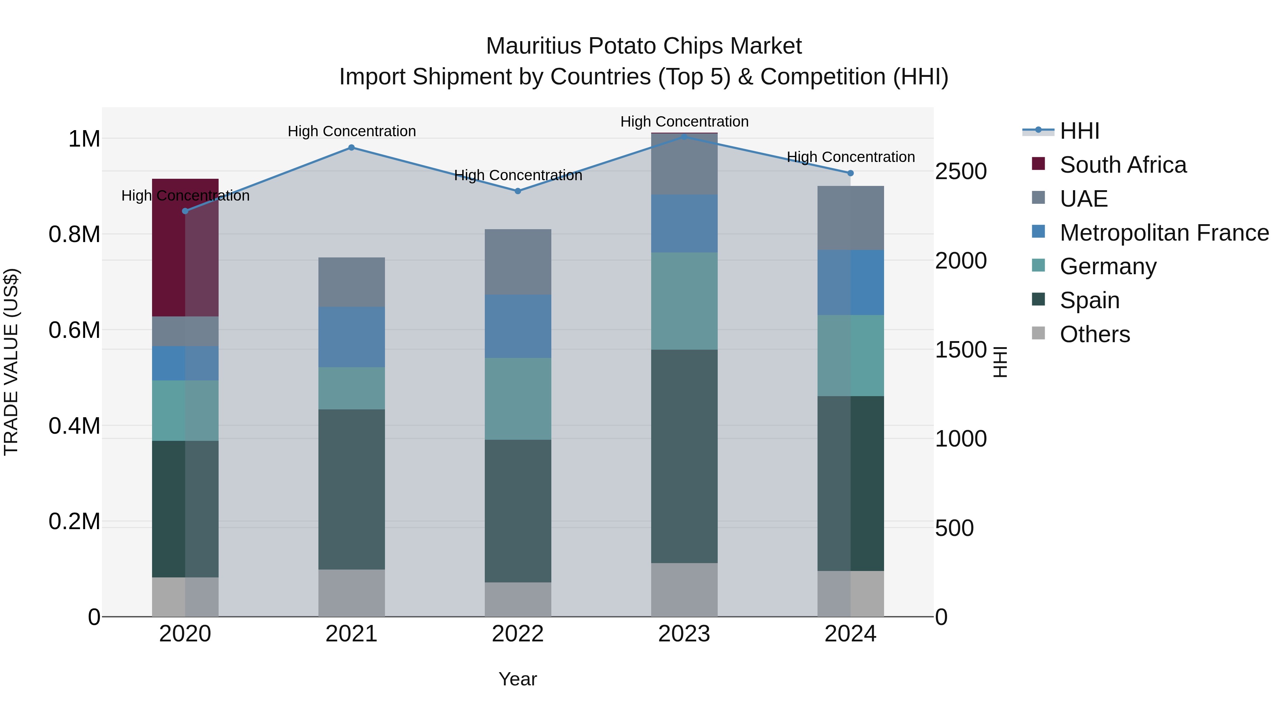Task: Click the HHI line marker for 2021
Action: [x=351, y=147]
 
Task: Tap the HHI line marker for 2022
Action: [x=518, y=191]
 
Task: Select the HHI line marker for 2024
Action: [x=850, y=173]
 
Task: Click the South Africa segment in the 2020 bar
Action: [x=185, y=247]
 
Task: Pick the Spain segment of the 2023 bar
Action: [x=684, y=456]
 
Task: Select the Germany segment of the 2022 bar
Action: [x=518, y=398]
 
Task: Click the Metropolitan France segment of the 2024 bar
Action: [x=850, y=282]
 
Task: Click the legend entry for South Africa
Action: [x=1122, y=165]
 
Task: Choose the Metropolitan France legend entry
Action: [x=1164, y=233]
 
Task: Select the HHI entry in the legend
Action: [x=1079, y=131]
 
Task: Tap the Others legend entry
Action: [x=1094, y=334]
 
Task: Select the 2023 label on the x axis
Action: [x=684, y=634]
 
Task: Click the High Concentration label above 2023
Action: [x=684, y=122]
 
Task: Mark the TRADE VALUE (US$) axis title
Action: [x=11, y=362]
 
